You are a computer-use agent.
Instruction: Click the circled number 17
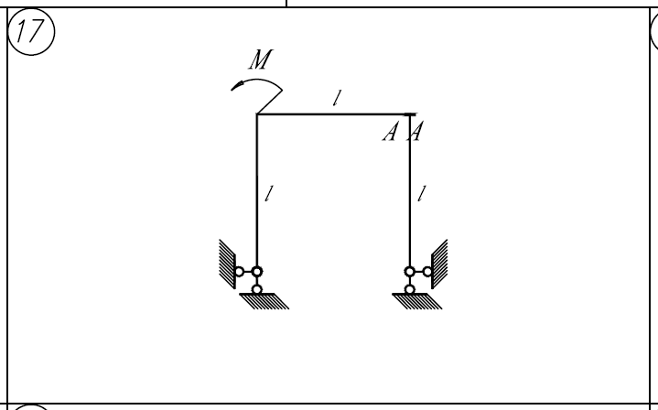pyautogui.click(x=31, y=31)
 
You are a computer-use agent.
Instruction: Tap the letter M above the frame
pyautogui.click(x=261, y=59)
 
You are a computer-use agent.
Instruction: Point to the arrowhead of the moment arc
pyautogui.click(x=237, y=86)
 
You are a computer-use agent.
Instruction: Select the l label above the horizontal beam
pyautogui.click(x=337, y=98)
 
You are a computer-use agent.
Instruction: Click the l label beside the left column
pyautogui.click(x=269, y=193)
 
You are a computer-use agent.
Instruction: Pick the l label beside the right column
pyautogui.click(x=422, y=193)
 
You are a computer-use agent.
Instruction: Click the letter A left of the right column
pyautogui.click(x=390, y=132)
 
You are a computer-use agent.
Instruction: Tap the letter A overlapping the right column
pyautogui.click(x=415, y=132)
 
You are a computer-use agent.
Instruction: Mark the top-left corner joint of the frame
pyautogui.click(x=257, y=114)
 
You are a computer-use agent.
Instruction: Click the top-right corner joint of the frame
pyautogui.click(x=410, y=114)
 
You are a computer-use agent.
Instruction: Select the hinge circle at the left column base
pyautogui.click(x=257, y=272)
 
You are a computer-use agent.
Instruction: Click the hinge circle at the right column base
pyautogui.click(x=410, y=272)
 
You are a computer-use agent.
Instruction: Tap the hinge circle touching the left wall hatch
pyautogui.click(x=239, y=272)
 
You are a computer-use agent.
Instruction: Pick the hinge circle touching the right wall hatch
pyautogui.click(x=427, y=272)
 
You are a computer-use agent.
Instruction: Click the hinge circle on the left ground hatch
pyautogui.click(x=257, y=289)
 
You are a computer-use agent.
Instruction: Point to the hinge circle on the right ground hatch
pyautogui.click(x=410, y=289)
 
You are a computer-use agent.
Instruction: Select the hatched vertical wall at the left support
pyautogui.click(x=228, y=264)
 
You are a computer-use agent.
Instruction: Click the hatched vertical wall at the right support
pyautogui.click(x=439, y=264)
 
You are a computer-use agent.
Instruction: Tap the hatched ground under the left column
pyautogui.click(x=264, y=301)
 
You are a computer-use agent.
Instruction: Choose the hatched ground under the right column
pyautogui.click(x=416, y=301)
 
